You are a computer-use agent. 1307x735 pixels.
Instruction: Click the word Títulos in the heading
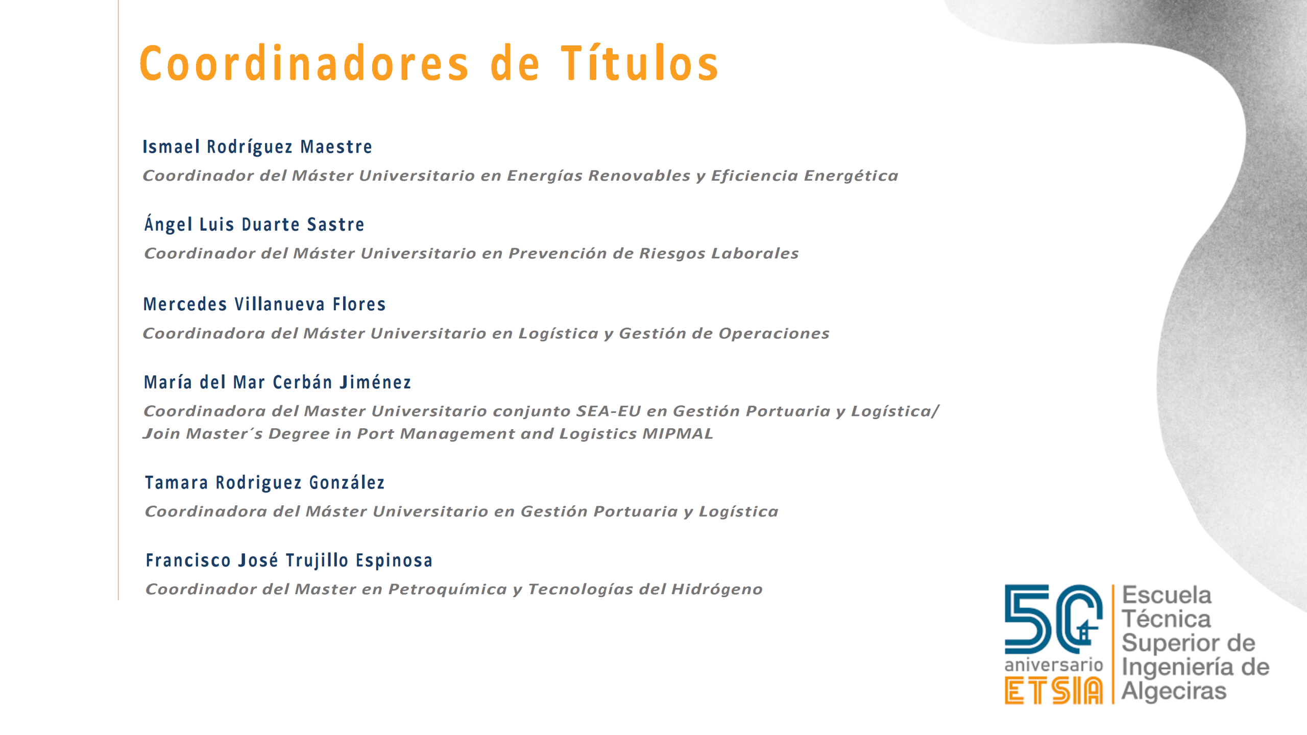[640, 63]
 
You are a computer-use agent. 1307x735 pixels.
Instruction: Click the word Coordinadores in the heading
[304, 63]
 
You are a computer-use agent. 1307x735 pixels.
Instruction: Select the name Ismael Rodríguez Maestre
[257, 147]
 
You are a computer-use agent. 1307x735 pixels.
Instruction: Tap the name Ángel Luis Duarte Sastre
[254, 224]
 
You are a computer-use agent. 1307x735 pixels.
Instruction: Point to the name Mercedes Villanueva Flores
[264, 304]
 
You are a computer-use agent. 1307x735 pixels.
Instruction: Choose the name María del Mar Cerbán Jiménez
[277, 382]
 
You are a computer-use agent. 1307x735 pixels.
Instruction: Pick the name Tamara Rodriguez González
[264, 483]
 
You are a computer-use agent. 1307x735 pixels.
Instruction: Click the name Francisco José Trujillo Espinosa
[289, 560]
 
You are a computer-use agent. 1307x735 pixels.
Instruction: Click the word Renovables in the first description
[639, 176]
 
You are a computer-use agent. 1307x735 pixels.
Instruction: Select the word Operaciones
[774, 334]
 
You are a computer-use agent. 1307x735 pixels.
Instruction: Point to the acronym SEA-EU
[608, 411]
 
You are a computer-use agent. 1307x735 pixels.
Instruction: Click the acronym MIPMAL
[677, 434]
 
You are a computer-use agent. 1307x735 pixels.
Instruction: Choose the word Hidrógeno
[717, 590]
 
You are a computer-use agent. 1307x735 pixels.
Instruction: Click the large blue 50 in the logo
[1053, 619]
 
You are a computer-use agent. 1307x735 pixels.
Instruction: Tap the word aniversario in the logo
[1054, 665]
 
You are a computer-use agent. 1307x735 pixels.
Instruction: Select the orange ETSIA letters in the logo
[1054, 691]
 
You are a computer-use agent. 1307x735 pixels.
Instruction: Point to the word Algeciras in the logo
[1174, 691]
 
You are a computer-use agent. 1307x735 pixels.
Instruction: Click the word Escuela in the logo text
[1167, 595]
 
